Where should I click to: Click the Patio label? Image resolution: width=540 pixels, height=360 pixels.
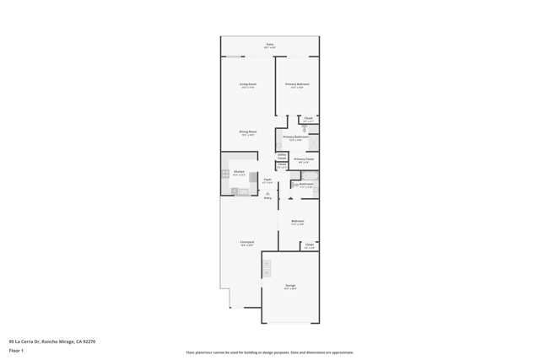pyautogui.click(x=270, y=45)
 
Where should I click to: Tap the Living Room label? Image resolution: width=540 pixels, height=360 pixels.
pyautogui.click(x=248, y=85)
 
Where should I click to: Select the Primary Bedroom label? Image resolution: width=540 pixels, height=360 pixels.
pyautogui.click(x=297, y=85)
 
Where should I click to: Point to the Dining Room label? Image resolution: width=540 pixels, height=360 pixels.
pyautogui.click(x=247, y=132)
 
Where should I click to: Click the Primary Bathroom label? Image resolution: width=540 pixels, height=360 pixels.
pyautogui.click(x=295, y=138)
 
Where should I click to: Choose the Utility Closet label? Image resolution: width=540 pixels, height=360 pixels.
pyautogui.click(x=282, y=156)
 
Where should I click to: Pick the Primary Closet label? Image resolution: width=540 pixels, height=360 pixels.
pyautogui.click(x=304, y=159)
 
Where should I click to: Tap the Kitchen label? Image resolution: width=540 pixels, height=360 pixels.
pyautogui.click(x=239, y=173)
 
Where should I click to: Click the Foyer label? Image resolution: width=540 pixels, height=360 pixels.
pyautogui.click(x=267, y=180)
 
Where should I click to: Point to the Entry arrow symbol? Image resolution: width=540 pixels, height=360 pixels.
pyautogui.click(x=268, y=193)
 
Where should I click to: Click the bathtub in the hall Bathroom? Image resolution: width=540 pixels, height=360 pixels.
pyautogui.click(x=306, y=176)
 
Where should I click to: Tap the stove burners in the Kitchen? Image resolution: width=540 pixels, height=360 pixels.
pyautogui.click(x=225, y=174)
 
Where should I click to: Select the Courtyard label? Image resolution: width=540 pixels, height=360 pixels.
pyautogui.click(x=247, y=243)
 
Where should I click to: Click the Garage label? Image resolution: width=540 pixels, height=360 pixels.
pyautogui.click(x=290, y=287)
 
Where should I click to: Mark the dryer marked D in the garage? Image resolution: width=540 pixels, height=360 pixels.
pyautogui.click(x=267, y=265)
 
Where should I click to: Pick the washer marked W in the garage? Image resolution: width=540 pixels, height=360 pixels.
pyautogui.click(x=267, y=273)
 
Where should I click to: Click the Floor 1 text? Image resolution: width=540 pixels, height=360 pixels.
pyautogui.click(x=16, y=350)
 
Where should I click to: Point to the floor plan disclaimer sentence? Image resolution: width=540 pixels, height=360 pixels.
pyautogui.click(x=270, y=352)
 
